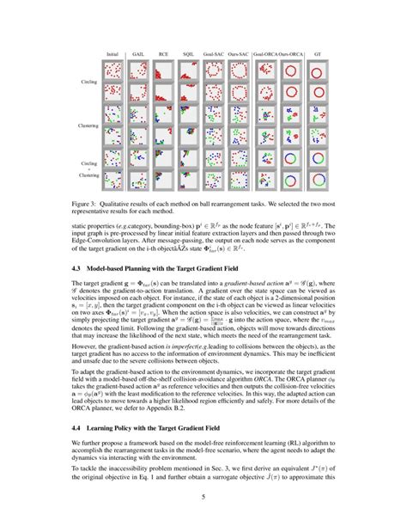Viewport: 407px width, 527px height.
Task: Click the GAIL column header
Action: point(138,53)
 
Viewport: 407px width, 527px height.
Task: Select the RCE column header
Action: point(163,53)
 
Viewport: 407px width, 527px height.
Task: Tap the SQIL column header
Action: point(189,53)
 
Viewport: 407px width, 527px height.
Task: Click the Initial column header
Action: point(112,53)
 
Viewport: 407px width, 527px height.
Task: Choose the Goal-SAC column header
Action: point(215,53)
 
